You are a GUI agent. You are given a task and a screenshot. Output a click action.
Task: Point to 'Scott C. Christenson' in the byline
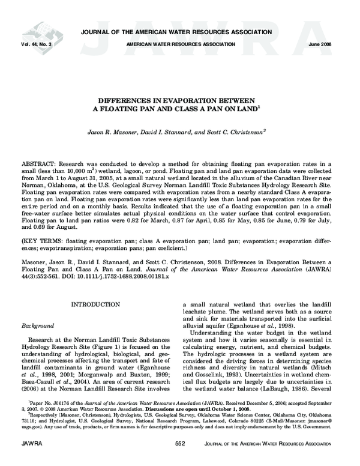coord(236,130)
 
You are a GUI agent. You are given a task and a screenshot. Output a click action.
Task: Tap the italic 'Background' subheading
coord(38,325)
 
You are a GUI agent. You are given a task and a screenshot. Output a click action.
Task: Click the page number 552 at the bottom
coord(180,459)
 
